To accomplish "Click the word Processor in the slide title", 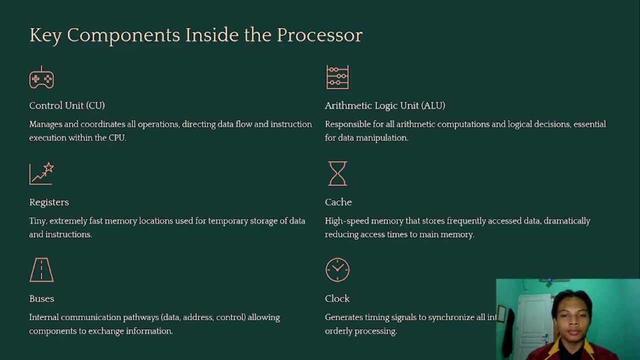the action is pyautogui.click(x=319, y=35).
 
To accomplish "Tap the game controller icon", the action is pyautogui.click(x=41, y=78).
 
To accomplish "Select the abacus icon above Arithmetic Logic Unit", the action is pyautogui.click(x=337, y=77).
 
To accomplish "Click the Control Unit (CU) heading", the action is pyautogui.click(x=67, y=105).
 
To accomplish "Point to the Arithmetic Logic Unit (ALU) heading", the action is pyautogui.click(x=385, y=105).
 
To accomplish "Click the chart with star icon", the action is pyautogui.click(x=41, y=174).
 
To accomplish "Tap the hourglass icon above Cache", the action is pyautogui.click(x=337, y=173).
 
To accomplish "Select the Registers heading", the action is pyautogui.click(x=49, y=202).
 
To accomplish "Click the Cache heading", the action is pyautogui.click(x=338, y=202).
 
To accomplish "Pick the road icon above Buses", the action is pyautogui.click(x=41, y=270).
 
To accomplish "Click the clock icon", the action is pyautogui.click(x=337, y=270).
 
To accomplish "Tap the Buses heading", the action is pyautogui.click(x=41, y=298).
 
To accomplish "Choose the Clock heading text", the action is pyautogui.click(x=337, y=298).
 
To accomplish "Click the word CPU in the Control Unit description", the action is pyautogui.click(x=117, y=137).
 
